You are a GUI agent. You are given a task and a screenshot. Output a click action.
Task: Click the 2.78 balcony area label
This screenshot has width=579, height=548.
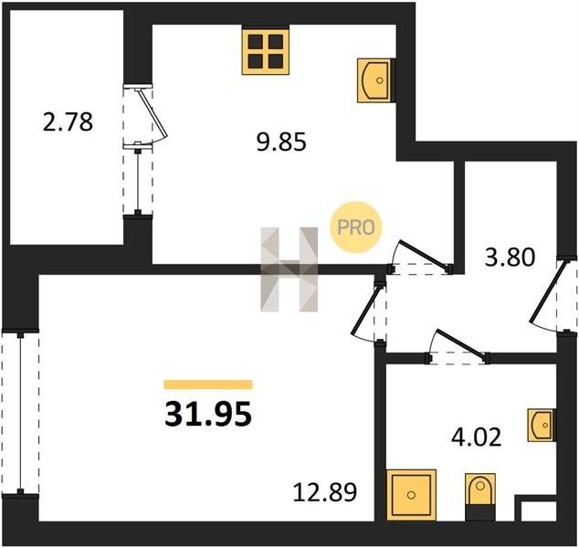[68, 122]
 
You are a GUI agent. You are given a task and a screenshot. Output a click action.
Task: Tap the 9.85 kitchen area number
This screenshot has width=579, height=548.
[281, 142]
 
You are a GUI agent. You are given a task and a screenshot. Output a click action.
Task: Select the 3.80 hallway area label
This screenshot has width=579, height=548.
[510, 258]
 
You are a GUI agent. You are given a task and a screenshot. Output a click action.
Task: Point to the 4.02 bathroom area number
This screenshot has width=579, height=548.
[477, 437]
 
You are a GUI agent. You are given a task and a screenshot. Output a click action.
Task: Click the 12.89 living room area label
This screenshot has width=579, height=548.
[325, 492]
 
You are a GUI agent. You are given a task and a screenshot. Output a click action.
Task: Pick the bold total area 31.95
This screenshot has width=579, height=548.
[208, 414]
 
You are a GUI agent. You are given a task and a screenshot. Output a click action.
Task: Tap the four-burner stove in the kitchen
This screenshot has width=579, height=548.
[266, 51]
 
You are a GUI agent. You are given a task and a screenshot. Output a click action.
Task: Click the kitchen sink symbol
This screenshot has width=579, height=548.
[374, 80]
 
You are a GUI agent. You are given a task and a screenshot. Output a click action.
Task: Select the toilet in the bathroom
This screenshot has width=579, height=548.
[480, 490]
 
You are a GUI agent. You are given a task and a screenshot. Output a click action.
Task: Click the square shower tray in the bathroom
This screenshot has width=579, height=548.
[411, 495]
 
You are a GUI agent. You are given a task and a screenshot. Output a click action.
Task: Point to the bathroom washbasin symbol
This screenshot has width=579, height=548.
[541, 425]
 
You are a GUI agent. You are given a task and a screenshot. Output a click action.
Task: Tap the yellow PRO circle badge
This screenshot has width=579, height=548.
[355, 227]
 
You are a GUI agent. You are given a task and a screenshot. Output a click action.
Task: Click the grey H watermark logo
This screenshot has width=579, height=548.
[289, 269]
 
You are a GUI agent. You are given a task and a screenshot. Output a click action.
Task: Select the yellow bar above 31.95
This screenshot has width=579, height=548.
[208, 385]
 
